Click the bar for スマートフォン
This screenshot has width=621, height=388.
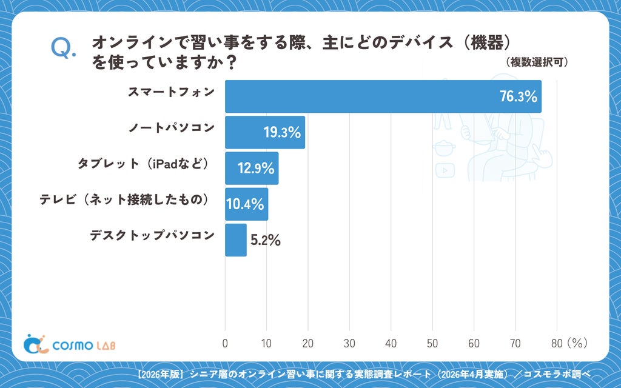click(383, 96)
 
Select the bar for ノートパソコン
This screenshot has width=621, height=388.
click(265, 132)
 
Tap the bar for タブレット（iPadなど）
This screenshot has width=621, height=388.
click(252, 169)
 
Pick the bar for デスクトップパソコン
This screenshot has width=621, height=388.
click(236, 240)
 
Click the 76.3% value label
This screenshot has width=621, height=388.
click(518, 96)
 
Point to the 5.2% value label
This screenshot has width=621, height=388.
click(266, 240)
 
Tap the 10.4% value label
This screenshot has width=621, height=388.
click(245, 204)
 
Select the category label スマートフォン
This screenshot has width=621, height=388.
click(171, 92)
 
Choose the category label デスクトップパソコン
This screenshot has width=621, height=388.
click(152, 235)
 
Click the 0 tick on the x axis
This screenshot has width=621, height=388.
click(225, 343)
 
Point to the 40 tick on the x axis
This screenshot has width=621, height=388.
click(391, 343)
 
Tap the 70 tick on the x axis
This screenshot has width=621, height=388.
click(515, 343)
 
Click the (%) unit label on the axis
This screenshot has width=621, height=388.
click(577, 343)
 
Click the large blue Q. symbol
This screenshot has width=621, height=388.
click(63, 48)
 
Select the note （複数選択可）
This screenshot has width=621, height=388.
click(537, 62)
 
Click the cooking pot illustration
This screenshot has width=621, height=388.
click(444, 148)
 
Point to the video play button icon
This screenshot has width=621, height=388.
click(445, 170)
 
